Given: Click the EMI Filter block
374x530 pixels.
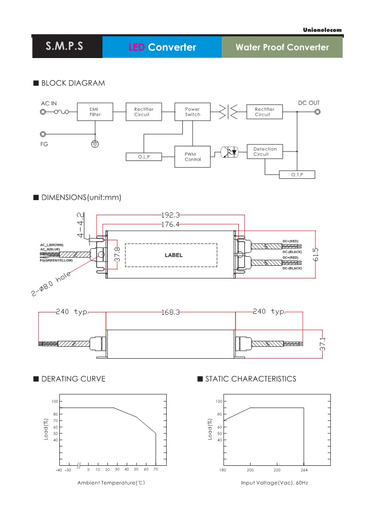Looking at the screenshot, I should (x=95, y=112).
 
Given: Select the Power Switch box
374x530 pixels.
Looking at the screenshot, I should (x=192, y=112).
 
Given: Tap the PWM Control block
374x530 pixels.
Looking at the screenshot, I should (x=192, y=157).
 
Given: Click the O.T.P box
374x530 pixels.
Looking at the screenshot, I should (x=297, y=175).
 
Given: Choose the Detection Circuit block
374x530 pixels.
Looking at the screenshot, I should (x=265, y=151).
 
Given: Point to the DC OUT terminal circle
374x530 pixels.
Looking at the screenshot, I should (x=317, y=112).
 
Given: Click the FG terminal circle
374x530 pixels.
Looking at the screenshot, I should (x=43, y=134).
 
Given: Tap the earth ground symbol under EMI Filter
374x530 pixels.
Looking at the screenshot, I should (x=95, y=143).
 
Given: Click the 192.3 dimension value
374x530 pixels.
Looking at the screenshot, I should (x=171, y=215).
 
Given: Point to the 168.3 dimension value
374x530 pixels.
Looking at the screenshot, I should (x=171, y=312).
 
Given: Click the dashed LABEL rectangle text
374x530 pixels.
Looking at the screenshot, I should (x=173, y=255).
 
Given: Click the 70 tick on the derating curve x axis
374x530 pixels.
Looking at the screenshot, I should (x=155, y=470).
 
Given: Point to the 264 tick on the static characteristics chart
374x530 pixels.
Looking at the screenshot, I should (x=304, y=470).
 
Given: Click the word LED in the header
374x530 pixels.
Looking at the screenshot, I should (x=137, y=47).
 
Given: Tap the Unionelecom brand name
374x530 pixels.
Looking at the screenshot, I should (x=323, y=30).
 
